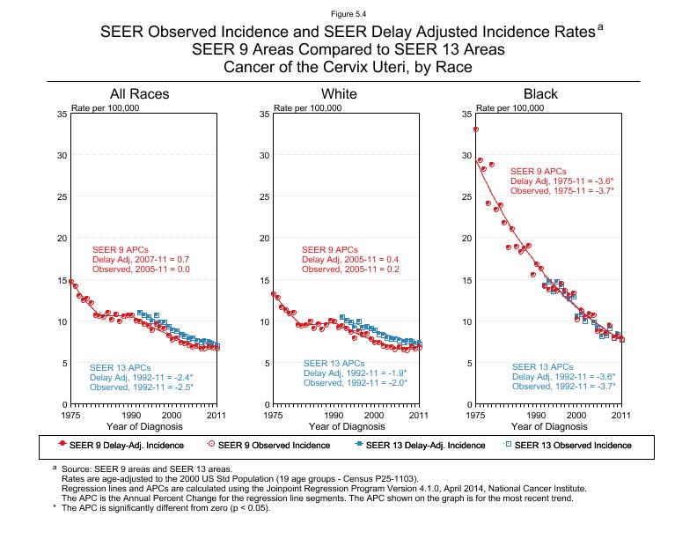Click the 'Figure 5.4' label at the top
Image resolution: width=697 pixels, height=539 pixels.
(348, 13)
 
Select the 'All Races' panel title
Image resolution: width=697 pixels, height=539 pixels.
(139, 93)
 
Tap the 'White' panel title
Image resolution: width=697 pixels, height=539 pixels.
(339, 93)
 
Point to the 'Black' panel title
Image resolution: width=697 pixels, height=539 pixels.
(540, 93)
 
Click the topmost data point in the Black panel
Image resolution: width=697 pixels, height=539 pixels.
(476, 129)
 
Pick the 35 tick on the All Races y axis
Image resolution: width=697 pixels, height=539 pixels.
(60, 114)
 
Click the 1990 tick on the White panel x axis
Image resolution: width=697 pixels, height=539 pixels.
(334, 414)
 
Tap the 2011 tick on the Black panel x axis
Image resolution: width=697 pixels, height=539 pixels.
(621, 414)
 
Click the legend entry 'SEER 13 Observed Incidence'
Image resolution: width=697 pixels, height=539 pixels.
(572, 445)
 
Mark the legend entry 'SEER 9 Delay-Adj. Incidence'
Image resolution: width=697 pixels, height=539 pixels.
(120, 445)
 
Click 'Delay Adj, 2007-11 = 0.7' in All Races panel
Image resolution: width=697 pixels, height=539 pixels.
(141, 260)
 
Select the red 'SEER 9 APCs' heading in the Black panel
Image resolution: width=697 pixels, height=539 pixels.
(539, 171)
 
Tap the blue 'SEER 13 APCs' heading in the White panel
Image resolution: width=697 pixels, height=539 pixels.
(333, 363)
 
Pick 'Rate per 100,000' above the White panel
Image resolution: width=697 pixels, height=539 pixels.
(307, 107)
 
